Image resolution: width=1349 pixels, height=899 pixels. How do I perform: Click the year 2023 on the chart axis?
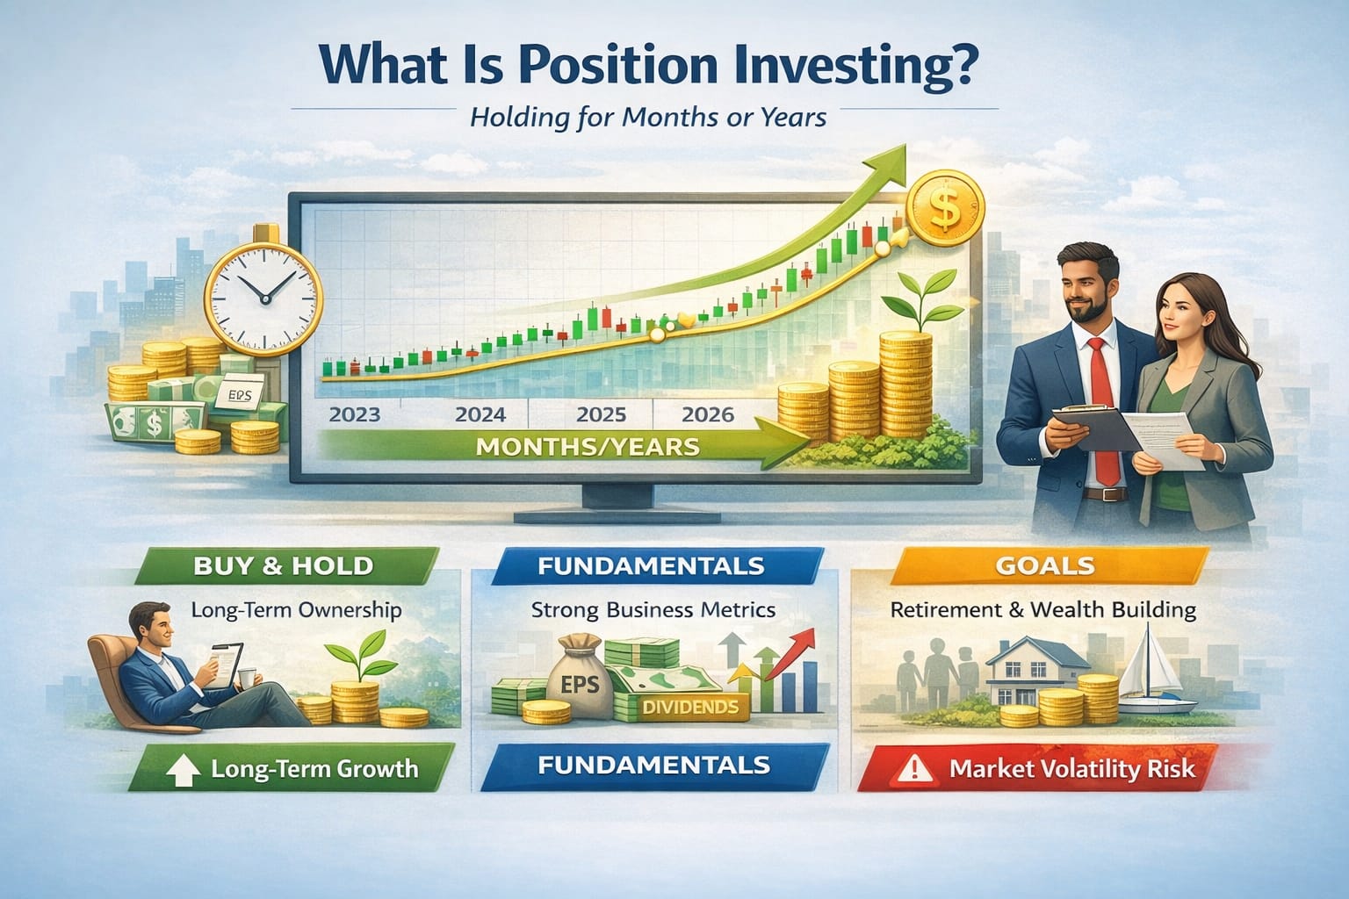point(355,414)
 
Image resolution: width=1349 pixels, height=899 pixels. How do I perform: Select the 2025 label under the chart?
point(601,414)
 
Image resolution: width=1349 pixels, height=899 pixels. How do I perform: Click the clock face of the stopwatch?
point(263,287)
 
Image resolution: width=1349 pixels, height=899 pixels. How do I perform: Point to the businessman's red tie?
point(1101,404)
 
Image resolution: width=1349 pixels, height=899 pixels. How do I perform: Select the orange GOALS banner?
point(1045,565)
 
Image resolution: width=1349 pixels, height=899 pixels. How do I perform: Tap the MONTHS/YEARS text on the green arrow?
point(587,446)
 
